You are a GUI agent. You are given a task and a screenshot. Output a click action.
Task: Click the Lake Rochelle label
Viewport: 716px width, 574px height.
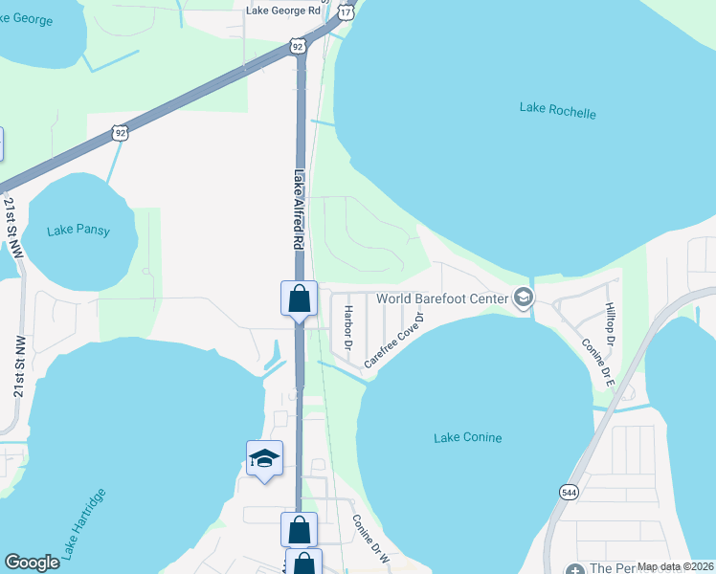(557, 110)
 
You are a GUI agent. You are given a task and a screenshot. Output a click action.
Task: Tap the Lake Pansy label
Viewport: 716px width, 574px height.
(78, 231)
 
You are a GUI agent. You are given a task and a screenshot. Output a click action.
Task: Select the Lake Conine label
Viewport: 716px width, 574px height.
(468, 438)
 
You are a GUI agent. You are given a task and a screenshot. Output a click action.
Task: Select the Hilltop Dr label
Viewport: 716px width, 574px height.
(609, 324)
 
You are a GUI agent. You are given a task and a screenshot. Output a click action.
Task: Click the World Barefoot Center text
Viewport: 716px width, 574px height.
(441, 298)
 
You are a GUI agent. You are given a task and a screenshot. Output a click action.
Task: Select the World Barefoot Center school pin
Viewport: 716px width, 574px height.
(523, 299)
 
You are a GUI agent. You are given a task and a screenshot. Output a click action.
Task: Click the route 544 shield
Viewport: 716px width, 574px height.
(570, 492)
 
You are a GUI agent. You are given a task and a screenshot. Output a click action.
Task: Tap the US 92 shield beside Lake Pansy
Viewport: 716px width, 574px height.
(120, 133)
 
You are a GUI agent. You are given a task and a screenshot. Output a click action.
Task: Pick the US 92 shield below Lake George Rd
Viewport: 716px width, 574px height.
(298, 45)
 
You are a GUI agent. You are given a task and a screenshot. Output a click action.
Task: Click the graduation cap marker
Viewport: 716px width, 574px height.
(264, 458)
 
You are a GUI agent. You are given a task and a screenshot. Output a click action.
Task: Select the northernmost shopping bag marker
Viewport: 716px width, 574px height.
(299, 298)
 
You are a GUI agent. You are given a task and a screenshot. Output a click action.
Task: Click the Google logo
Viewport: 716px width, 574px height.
(33, 563)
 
